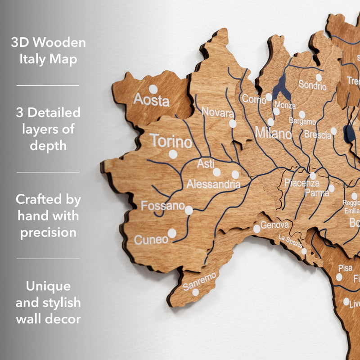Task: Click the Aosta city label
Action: pyautogui.click(x=151, y=99)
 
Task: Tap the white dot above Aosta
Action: pyautogui.click(x=153, y=89)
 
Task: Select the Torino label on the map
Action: pyautogui.click(x=171, y=141)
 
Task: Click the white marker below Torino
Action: pyautogui.click(x=173, y=154)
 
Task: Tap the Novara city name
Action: pyautogui.click(x=218, y=112)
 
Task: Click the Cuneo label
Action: pyautogui.click(x=151, y=240)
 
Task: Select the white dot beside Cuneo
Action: pyautogui.click(x=172, y=233)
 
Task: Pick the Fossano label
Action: pyautogui.click(x=163, y=206)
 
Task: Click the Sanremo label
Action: pyautogui.click(x=199, y=281)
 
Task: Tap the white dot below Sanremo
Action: pyautogui.click(x=195, y=292)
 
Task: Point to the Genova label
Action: pyautogui.click(x=274, y=225)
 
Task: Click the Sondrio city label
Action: pyautogui.click(x=312, y=85)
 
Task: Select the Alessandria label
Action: pyautogui.click(x=213, y=184)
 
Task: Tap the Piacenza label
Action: pyautogui.click(x=301, y=183)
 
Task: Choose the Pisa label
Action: pyautogui.click(x=345, y=268)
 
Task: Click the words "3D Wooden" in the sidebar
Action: pyautogui.click(x=48, y=43)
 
